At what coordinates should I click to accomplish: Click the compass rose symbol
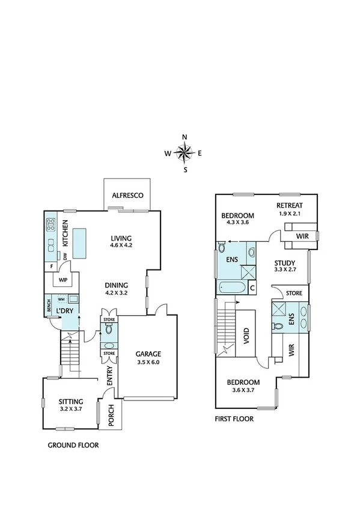pos(185,153)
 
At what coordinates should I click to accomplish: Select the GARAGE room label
pos(147,354)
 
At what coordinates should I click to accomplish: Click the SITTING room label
pos(71,401)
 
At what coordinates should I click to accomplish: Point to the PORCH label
pos(111,416)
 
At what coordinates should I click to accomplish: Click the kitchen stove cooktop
pos(51,226)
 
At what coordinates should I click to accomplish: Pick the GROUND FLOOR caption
pos(73,446)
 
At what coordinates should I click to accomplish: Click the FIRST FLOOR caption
pos(234,419)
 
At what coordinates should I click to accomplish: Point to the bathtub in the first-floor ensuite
pos(231,287)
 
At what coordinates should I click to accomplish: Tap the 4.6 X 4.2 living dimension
pos(124,245)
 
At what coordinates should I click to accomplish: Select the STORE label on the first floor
pos(294,293)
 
